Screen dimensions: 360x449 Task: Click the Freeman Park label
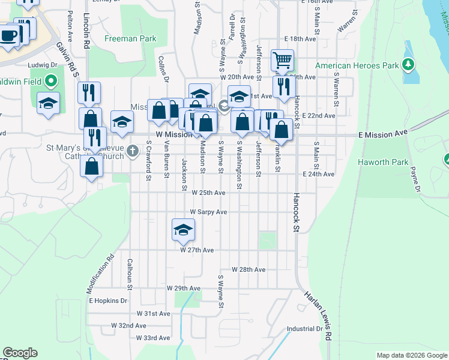coord(130,39)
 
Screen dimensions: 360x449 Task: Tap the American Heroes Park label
coord(358,65)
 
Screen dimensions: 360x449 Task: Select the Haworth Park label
coord(383,162)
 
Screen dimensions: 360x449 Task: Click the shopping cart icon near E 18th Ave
coord(282,60)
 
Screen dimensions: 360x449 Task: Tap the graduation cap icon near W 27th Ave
coord(184,230)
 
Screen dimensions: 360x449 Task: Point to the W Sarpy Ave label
coord(208,212)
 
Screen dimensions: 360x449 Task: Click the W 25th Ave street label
coord(208,193)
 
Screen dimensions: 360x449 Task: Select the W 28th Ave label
coord(248,270)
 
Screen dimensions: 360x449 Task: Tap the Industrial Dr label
coord(304,329)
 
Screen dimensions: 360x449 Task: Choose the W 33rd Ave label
coord(154,338)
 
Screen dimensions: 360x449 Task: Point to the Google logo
coord(20,353)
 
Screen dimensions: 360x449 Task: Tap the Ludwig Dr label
coord(42,65)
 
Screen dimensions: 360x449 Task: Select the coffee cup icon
coord(8,36)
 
